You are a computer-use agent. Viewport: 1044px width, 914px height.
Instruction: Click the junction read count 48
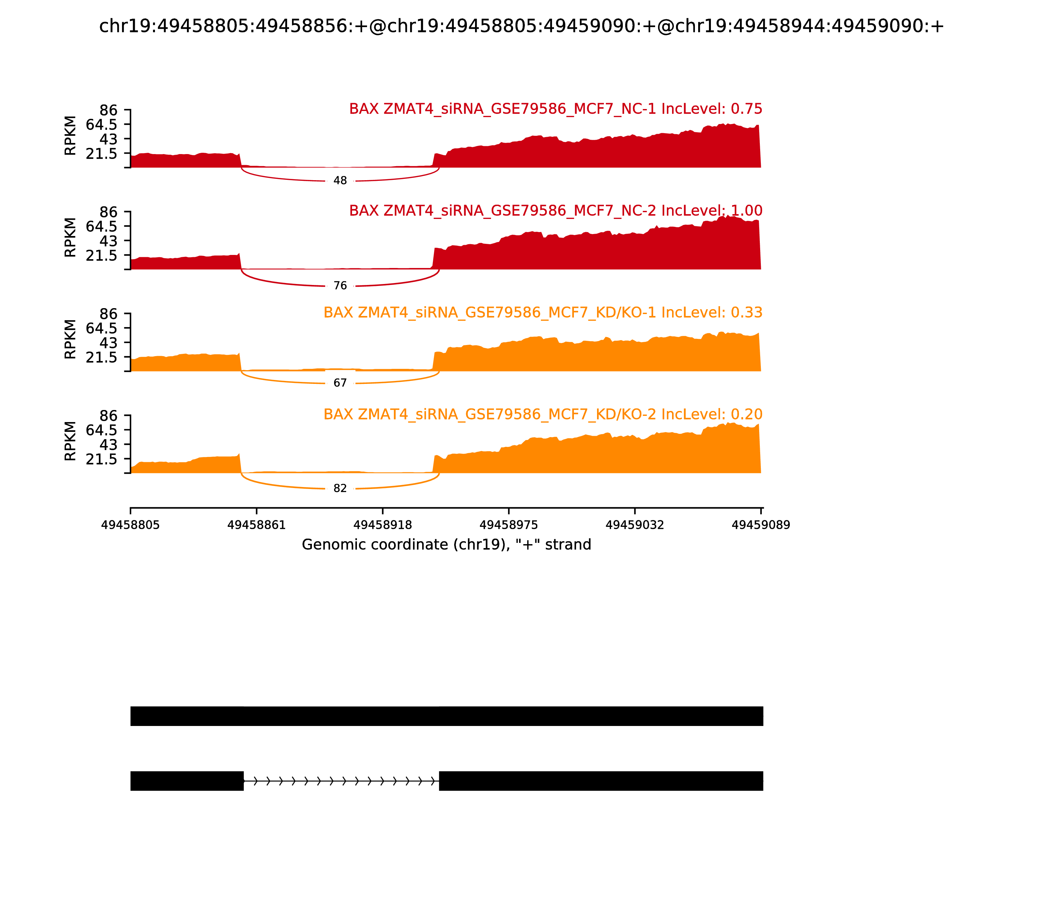[340, 181]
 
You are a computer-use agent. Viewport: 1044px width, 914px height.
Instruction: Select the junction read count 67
[340, 383]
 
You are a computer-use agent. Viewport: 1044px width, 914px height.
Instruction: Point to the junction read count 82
[340, 489]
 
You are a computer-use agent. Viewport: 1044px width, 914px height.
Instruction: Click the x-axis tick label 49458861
[256, 525]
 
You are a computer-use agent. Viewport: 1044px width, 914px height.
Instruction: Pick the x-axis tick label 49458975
[509, 525]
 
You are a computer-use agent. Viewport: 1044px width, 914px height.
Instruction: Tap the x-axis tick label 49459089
[760, 525]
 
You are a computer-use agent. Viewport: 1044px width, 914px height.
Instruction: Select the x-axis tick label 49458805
[130, 525]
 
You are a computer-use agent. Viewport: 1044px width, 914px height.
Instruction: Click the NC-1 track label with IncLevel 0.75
[556, 109]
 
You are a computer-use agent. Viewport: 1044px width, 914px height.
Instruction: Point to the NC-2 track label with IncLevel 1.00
[556, 211]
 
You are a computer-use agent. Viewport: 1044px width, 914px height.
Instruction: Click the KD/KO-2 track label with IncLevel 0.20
[543, 414]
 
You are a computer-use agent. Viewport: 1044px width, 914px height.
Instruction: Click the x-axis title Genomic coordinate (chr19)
[447, 545]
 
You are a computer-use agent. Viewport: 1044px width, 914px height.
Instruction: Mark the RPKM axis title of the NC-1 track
[70, 136]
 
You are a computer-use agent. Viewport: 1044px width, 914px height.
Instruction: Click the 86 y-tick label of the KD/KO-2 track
[108, 416]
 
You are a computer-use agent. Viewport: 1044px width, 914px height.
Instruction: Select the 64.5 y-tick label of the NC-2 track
[101, 227]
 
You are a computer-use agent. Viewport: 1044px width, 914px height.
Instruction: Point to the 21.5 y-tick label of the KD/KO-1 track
[101, 357]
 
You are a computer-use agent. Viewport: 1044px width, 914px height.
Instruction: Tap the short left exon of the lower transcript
[187, 781]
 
